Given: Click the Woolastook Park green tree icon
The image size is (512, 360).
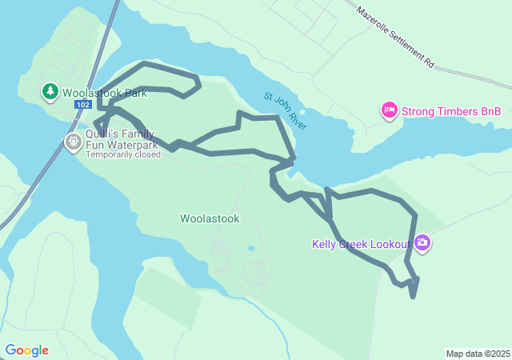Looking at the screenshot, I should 50,92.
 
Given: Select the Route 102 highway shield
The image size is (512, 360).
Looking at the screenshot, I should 82,105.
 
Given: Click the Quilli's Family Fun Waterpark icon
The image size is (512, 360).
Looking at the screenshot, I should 73,142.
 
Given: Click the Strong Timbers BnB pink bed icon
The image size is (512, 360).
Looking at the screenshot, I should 390,110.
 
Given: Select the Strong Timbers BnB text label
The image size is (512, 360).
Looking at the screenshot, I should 451,111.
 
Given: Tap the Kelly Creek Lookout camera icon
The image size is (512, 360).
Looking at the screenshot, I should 422,243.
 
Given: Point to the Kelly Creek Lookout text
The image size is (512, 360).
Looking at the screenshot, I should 361,244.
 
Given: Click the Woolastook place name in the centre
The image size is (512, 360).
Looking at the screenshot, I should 210,218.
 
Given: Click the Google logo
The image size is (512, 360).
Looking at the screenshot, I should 26,350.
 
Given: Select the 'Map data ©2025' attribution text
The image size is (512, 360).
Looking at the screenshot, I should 478,354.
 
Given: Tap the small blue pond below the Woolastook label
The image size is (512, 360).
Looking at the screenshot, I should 251,249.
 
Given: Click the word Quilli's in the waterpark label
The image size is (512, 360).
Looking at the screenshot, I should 104,134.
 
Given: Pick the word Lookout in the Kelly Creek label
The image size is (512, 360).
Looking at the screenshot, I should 389,244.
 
